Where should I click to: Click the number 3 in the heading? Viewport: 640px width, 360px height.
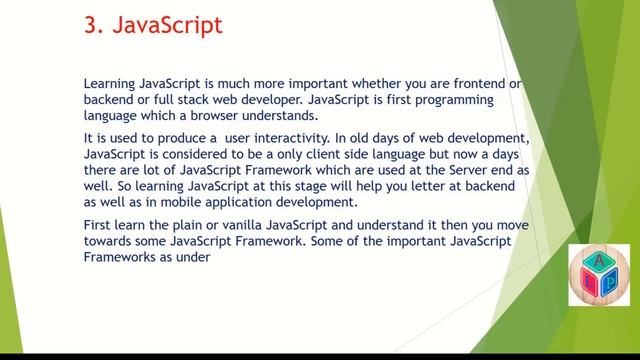pyautogui.click(x=89, y=25)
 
